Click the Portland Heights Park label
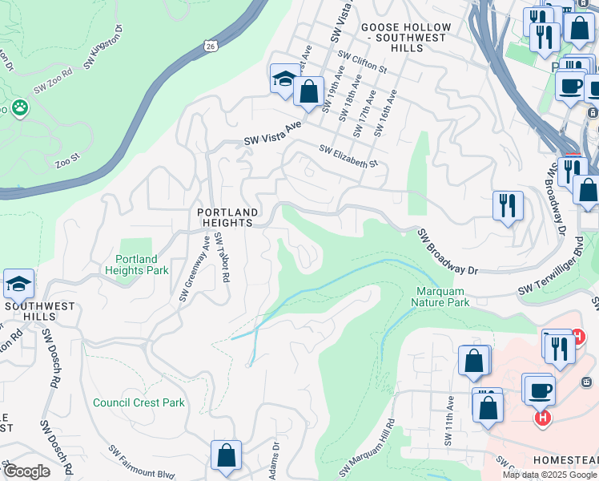click(142, 265)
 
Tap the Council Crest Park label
click(139, 403)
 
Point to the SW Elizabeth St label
click(348, 156)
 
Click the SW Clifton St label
click(362, 62)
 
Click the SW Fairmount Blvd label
click(141, 463)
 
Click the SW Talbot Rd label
click(222, 257)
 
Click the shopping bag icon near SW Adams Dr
click(226, 455)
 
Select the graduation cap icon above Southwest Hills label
click(18, 284)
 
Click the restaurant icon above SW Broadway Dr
click(508, 206)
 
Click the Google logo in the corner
click(26, 471)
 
